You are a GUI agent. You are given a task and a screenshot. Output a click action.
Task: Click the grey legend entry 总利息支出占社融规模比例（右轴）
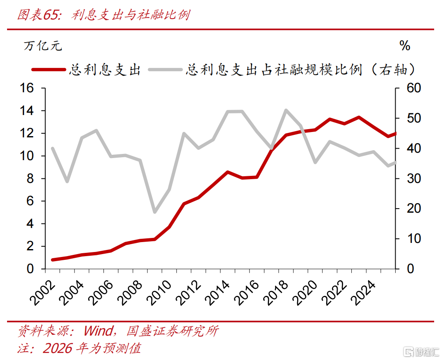tap(300, 70)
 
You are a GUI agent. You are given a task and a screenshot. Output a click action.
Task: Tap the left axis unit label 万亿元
tap(43, 46)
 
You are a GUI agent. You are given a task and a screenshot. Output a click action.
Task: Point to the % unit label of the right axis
tap(405, 46)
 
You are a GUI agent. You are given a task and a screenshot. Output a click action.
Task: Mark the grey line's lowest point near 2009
tap(155, 212)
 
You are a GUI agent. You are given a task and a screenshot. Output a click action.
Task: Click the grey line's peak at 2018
tap(286, 110)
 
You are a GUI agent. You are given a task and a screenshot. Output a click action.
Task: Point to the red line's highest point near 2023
tap(359, 118)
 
